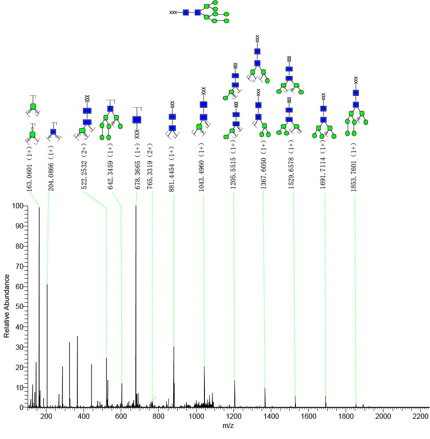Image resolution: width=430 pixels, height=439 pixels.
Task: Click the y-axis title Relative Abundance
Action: click(x=7, y=306)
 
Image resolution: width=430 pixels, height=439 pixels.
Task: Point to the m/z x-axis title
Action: click(x=229, y=426)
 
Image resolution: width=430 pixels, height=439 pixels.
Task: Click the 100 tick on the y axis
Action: click(x=18, y=206)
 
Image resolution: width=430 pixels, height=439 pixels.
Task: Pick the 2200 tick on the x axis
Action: click(x=420, y=416)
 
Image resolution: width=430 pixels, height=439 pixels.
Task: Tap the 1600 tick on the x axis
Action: click(x=308, y=416)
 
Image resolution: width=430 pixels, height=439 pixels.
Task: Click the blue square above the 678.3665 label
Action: click(x=137, y=120)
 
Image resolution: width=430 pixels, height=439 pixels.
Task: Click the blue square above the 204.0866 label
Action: click(x=53, y=131)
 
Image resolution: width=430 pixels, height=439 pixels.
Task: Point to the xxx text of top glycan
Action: click(x=173, y=13)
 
